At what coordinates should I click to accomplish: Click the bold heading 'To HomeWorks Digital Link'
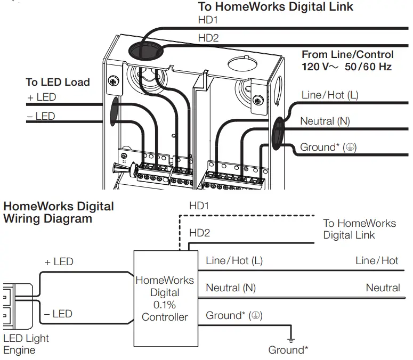pyautogui.click(x=276, y=7)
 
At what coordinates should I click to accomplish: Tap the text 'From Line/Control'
pyautogui.click(x=347, y=55)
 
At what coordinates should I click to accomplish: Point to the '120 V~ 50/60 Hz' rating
pyautogui.click(x=347, y=67)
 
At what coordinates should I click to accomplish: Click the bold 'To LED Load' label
pyautogui.click(x=58, y=83)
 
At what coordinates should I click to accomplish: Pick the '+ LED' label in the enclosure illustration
pyautogui.click(x=42, y=97)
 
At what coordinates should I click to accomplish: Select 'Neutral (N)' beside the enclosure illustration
pyautogui.click(x=325, y=121)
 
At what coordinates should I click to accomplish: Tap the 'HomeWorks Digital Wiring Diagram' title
pyautogui.click(x=59, y=212)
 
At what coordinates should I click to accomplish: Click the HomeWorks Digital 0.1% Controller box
pyautogui.click(x=165, y=298)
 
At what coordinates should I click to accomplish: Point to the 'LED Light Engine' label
pyautogui.click(x=26, y=344)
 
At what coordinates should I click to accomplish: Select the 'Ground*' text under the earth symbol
pyautogui.click(x=288, y=350)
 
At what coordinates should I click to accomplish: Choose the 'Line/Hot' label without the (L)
pyautogui.click(x=377, y=260)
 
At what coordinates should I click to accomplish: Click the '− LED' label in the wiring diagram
pyautogui.click(x=58, y=314)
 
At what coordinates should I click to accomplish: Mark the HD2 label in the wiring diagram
pyautogui.click(x=199, y=233)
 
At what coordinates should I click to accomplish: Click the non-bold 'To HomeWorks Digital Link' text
pyautogui.click(x=360, y=229)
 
